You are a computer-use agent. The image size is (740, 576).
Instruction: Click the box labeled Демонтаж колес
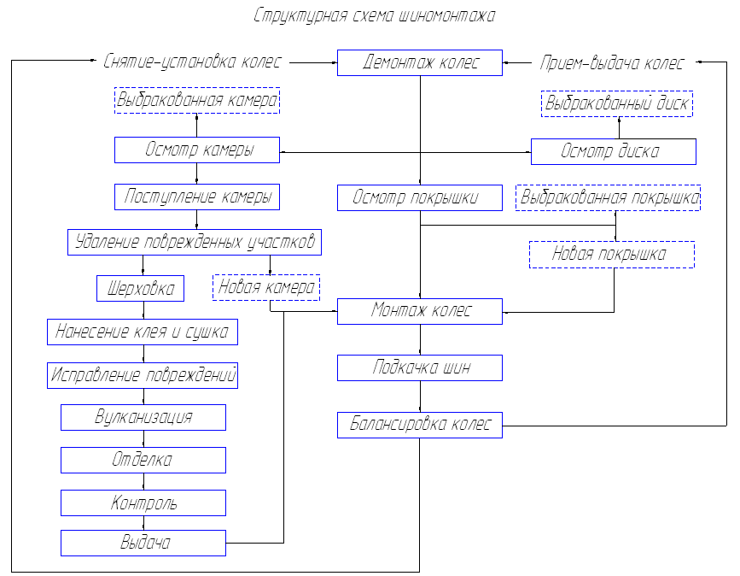pyautogui.click(x=420, y=63)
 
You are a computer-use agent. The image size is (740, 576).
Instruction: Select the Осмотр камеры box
pyautogui.click(x=197, y=150)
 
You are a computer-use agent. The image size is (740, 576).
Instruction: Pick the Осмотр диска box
pyautogui.click(x=613, y=151)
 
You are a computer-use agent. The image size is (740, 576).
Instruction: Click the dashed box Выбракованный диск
pyautogui.click(x=617, y=104)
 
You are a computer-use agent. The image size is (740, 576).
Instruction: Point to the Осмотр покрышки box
pyautogui.click(x=420, y=197)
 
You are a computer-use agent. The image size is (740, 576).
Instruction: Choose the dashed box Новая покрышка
pyautogui.click(x=612, y=255)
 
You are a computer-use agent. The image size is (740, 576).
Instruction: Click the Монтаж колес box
pyautogui.click(x=420, y=311)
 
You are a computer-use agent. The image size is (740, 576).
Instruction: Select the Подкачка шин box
pyautogui.click(x=420, y=368)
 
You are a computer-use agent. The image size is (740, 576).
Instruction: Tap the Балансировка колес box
pyautogui.click(x=420, y=425)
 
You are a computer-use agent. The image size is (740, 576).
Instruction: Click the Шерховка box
pyautogui.click(x=140, y=288)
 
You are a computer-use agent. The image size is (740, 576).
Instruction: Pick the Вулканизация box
pyautogui.click(x=143, y=417)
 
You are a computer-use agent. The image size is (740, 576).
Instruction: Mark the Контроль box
pyautogui.click(x=143, y=503)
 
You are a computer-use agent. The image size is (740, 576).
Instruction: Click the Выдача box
pyautogui.click(x=143, y=543)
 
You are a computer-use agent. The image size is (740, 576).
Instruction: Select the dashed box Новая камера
pyautogui.click(x=266, y=288)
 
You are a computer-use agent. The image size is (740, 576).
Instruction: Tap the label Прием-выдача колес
pyautogui.click(x=612, y=63)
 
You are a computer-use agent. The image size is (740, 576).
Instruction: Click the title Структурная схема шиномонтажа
pyautogui.click(x=374, y=15)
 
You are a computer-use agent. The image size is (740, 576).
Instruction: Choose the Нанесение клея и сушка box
pyautogui.click(x=143, y=332)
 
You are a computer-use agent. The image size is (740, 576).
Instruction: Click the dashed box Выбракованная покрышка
pyautogui.click(x=609, y=197)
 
